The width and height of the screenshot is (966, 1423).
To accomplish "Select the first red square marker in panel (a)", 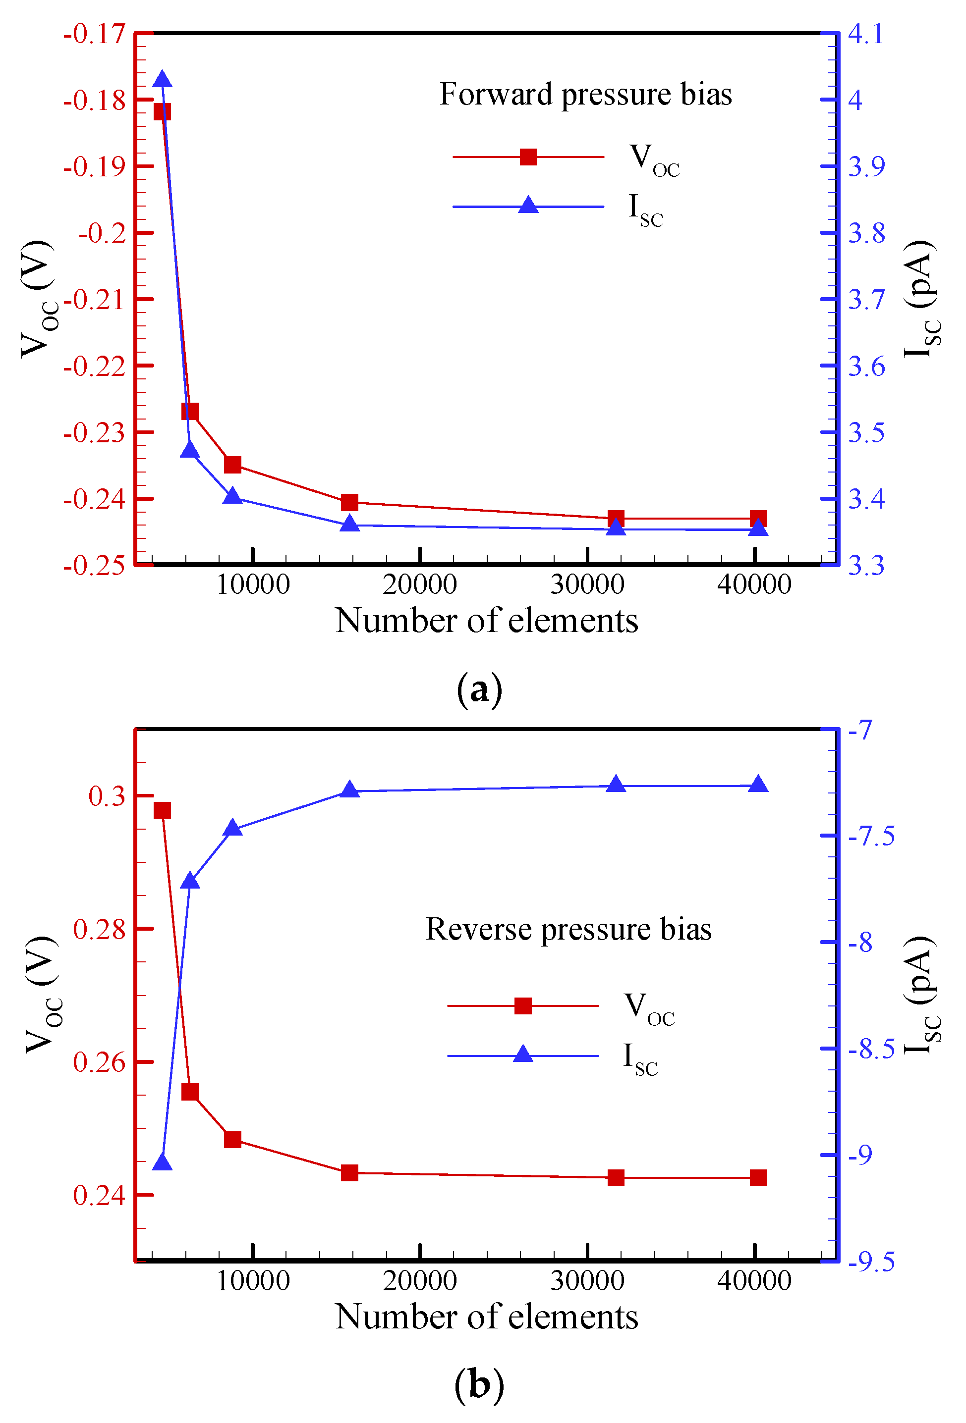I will click(162, 111).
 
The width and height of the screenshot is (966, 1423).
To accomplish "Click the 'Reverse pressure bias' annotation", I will click(568, 930).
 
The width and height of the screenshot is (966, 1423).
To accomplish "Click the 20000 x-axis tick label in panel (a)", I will click(420, 584).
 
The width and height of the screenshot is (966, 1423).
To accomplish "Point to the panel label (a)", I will click(479, 689).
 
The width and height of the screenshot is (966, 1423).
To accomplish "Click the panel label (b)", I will click(479, 1385).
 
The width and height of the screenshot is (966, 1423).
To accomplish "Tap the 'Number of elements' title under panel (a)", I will click(486, 621).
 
